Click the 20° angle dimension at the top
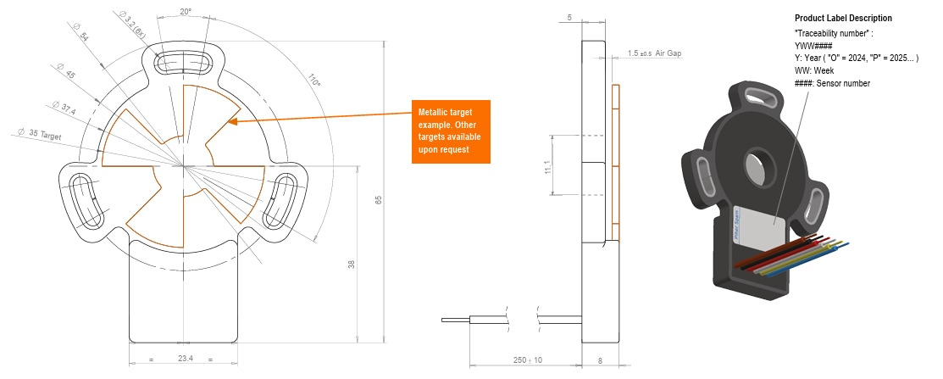[186, 13]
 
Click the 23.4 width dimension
[186, 359]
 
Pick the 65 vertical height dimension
[379, 201]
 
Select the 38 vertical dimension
[351, 265]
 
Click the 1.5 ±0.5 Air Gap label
[654, 53]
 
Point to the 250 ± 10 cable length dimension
[526, 359]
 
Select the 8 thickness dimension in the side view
[601, 359]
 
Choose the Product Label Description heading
[842, 18]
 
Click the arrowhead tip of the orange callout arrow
[230, 123]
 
